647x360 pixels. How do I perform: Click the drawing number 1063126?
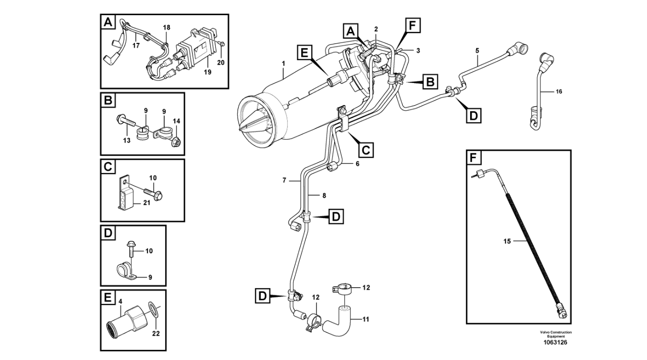click(555, 342)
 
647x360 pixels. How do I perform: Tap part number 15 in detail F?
click(507, 241)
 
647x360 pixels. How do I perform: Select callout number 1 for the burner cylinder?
click(284, 63)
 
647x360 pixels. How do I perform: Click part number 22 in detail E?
click(156, 333)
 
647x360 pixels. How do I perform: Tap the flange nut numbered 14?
click(176, 141)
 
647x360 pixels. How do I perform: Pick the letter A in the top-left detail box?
click(108, 22)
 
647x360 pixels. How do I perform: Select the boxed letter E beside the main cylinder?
click(304, 54)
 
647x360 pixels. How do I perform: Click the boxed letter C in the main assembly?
click(366, 150)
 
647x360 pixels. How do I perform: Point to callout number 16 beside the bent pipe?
click(559, 92)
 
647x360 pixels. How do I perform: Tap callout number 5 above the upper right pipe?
click(477, 51)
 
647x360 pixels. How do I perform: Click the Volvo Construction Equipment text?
click(556, 334)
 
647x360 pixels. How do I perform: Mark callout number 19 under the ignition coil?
click(208, 72)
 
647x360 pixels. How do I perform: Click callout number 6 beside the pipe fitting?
click(357, 164)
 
